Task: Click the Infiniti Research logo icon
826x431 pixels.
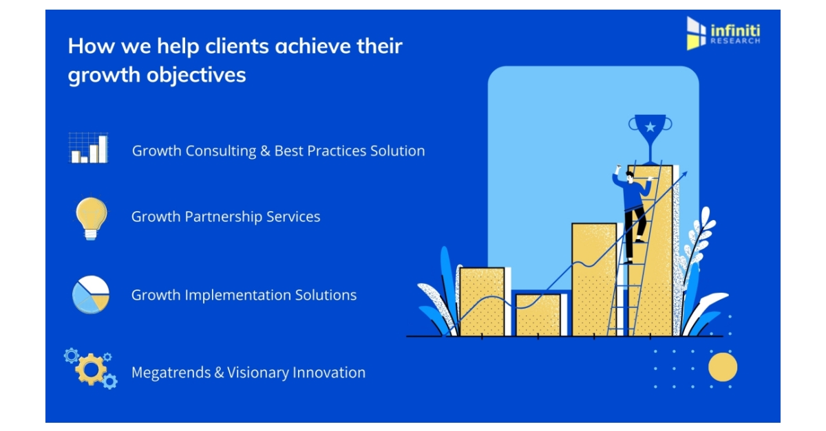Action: (697, 32)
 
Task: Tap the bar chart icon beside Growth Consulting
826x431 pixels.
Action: (88, 148)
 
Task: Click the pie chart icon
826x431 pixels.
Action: (91, 295)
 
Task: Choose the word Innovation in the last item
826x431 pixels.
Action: (329, 373)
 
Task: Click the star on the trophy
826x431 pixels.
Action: (650, 126)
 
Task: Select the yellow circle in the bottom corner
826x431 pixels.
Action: (722, 367)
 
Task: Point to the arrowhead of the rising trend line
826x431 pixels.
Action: (683, 176)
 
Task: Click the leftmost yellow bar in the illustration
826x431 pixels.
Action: (482, 301)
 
